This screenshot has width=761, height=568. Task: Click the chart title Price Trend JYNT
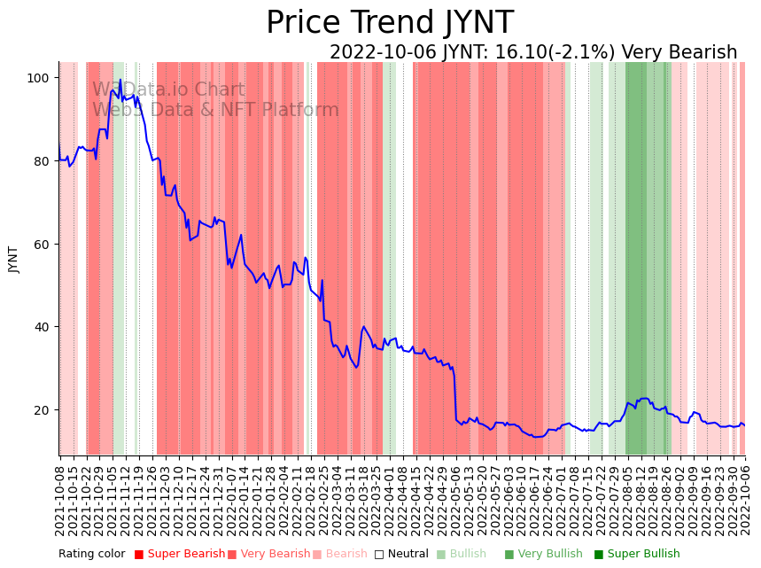point(389,23)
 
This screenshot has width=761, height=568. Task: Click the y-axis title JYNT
point(13,259)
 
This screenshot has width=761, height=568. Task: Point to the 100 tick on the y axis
point(38,78)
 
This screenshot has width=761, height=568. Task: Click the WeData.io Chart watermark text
point(168,89)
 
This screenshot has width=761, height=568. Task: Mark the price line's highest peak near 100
point(120,81)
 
